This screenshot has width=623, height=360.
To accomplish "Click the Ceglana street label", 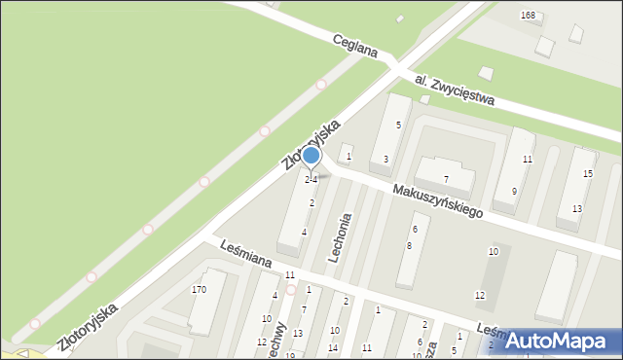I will point(354,45).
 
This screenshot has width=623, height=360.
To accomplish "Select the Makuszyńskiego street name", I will point(438,201).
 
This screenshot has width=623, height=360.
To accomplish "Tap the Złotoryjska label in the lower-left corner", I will point(87,322).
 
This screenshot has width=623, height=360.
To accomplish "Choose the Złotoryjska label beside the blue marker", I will point(311,145).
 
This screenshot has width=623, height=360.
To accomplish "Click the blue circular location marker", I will point(311,156).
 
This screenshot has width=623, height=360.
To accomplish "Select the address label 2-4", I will point(311,180).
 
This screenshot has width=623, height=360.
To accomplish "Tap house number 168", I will point(528,16).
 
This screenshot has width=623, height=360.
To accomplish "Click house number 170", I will point(200,290).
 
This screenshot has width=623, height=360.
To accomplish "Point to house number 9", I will point(514,191).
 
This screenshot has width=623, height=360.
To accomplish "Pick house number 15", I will point(587,173).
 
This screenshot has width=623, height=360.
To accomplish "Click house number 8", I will point(409,246).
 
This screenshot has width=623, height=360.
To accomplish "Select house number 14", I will point(333,347).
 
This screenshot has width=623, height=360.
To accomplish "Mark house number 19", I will point(290,355).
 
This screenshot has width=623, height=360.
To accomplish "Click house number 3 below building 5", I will point(385,159).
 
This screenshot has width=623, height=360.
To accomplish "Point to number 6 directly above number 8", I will point(415,229).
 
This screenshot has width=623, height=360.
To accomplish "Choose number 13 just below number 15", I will point(576,209).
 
